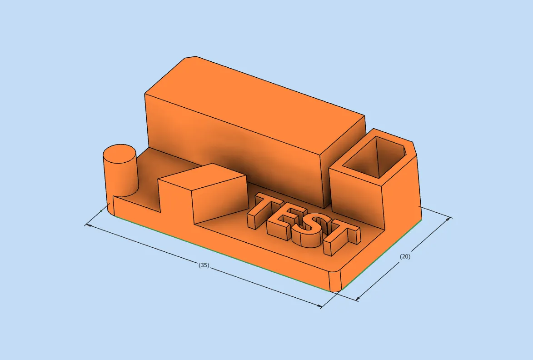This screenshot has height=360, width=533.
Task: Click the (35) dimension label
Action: pos(204,265)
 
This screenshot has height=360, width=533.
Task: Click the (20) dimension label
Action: pos(404,257)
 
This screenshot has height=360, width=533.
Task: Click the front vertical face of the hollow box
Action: pos(357,195)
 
